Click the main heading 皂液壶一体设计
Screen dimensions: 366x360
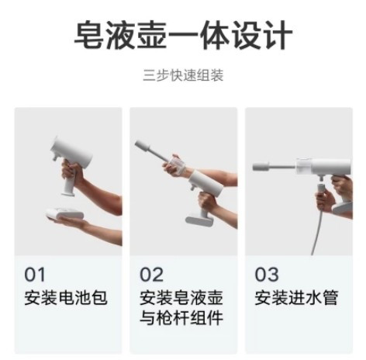(x=183, y=35)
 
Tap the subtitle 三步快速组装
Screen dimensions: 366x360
(x=183, y=75)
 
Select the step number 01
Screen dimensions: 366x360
(x=35, y=275)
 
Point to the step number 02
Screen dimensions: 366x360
(x=151, y=275)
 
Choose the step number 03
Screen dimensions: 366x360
(x=267, y=275)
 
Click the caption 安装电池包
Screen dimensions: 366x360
(x=66, y=298)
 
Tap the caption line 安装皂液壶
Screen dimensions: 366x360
(x=181, y=298)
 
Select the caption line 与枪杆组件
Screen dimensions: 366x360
(x=181, y=317)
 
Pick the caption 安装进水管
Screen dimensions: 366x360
(x=296, y=298)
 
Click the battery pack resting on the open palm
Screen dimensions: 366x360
(x=64, y=215)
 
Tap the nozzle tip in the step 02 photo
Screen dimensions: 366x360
(x=143, y=146)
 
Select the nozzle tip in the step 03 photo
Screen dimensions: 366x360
(x=261, y=166)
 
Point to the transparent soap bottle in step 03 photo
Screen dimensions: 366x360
(x=304, y=166)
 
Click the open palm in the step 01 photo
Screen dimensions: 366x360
(x=69, y=222)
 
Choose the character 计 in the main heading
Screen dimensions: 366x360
(x=278, y=35)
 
